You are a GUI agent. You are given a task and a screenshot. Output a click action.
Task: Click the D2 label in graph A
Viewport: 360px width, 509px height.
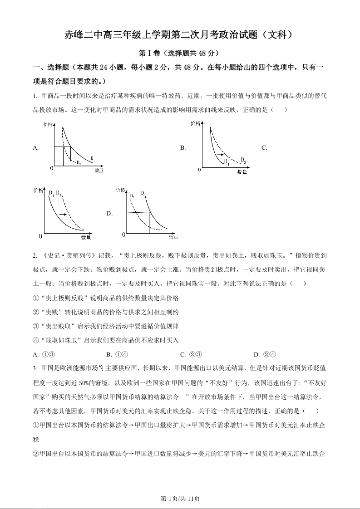79,162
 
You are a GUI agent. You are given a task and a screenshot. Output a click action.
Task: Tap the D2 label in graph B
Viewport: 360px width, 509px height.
243,159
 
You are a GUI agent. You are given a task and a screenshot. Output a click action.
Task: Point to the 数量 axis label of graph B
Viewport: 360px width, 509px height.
242,172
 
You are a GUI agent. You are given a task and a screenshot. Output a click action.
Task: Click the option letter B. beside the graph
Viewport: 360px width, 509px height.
183,148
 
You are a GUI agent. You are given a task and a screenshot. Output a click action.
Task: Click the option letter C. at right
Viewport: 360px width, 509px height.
264,148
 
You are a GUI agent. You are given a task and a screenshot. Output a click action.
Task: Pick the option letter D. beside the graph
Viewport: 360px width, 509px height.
109,213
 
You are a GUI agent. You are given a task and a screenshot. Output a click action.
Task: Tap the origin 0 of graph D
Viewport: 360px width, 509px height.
123,235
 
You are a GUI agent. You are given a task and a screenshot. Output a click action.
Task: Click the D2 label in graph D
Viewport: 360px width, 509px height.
132,196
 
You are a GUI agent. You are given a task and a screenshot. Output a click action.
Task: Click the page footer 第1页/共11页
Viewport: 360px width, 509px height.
180,498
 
